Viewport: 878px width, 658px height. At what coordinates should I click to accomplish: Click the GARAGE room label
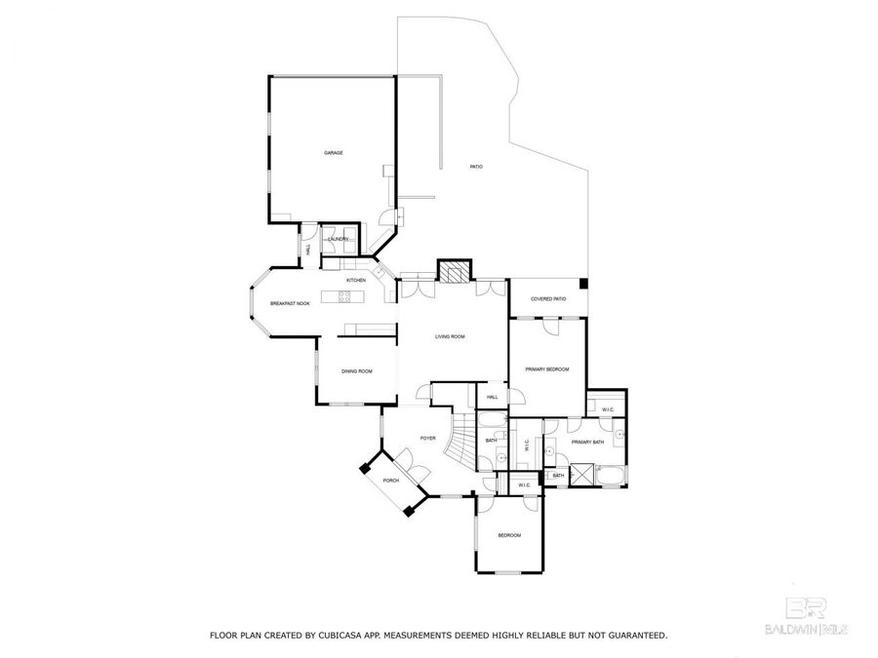[334, 153]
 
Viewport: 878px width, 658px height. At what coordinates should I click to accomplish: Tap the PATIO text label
[476, 167]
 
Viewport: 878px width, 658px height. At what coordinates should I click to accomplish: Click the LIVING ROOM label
[450, 336]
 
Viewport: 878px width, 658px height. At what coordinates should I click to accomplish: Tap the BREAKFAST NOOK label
[290, 304]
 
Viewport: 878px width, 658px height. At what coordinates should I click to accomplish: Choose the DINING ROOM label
[356, 371]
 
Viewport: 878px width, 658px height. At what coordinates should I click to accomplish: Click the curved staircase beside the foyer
[459, 444]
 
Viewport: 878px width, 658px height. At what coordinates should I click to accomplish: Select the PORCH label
[390, 481]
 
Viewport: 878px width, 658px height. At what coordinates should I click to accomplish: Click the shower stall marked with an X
[583, 474]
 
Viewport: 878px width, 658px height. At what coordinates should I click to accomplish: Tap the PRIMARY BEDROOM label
[546, 369]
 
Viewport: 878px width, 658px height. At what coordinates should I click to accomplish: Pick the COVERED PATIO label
[548, 299]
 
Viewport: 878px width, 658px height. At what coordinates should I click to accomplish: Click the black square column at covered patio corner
[583, 284]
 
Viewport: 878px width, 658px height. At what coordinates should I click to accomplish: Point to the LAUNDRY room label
[339, 239]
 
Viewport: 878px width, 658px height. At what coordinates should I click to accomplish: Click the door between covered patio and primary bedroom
[551, 325]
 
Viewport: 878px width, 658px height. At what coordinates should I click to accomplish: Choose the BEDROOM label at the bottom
[509, 535]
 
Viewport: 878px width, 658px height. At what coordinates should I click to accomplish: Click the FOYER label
[427, 439]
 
